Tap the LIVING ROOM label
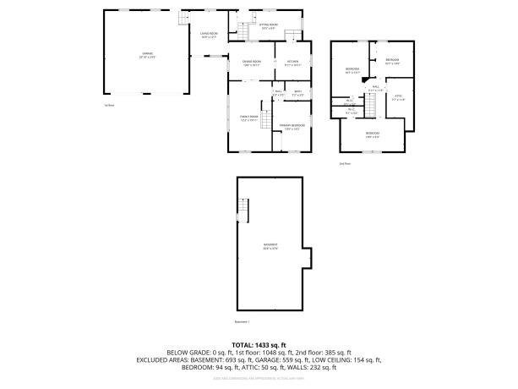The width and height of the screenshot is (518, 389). click(x=209, y=35)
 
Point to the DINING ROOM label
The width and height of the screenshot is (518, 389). click(x=251, y=63)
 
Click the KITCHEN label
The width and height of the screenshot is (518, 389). click(x=292, y=63)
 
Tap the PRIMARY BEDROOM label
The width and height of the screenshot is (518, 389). click(x=292, y=125)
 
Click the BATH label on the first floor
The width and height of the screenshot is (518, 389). click(x=297, y=92)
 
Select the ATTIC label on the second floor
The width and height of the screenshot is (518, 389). click(x=399, y=96)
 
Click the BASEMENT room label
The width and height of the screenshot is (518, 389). click(x=270, y=246)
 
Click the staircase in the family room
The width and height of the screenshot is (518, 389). click(x=267, y=122)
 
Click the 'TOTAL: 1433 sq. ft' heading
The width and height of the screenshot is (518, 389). click(x=259, y=345)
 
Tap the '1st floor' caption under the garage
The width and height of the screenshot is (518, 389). click(x=108, y=105)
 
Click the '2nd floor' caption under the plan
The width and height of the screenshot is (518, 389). click(x=343, y=162)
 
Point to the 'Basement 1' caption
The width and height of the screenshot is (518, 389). click(x=243, y=321)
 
